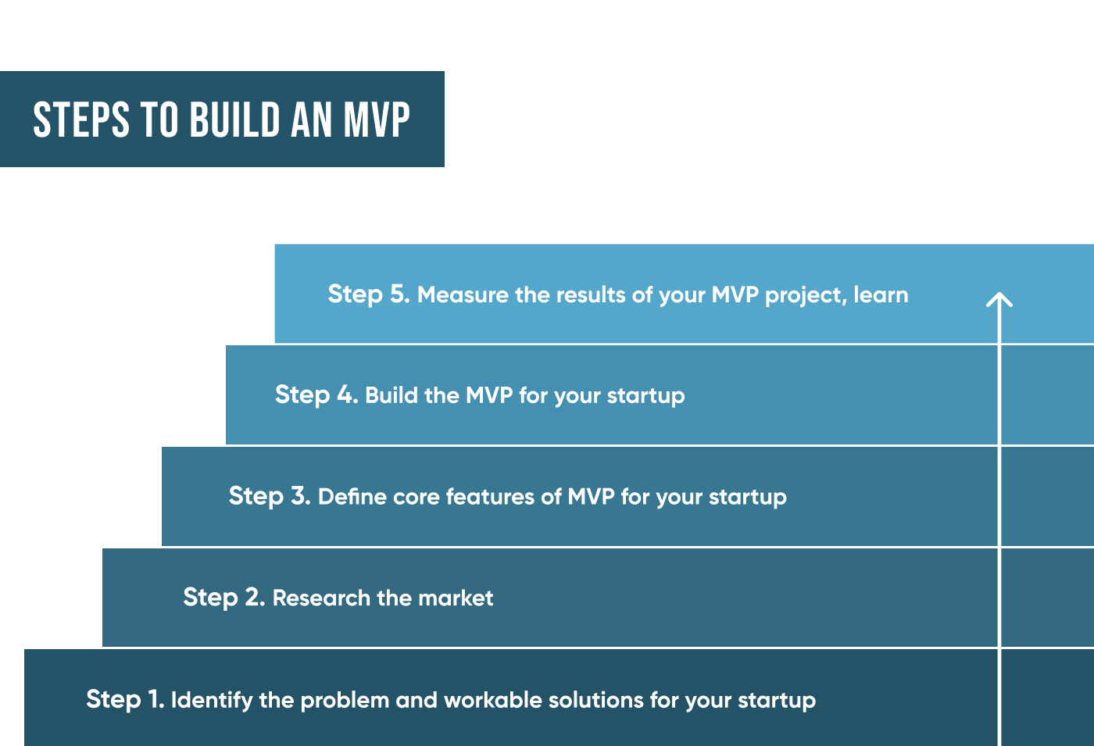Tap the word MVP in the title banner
377,120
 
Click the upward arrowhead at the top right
999,300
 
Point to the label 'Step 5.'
369,294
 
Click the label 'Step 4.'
316,394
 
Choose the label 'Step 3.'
270,496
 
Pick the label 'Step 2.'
224,597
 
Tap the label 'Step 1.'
125,699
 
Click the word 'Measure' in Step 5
463,294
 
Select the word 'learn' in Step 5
881,294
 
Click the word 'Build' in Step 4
391,395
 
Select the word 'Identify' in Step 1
211,700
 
